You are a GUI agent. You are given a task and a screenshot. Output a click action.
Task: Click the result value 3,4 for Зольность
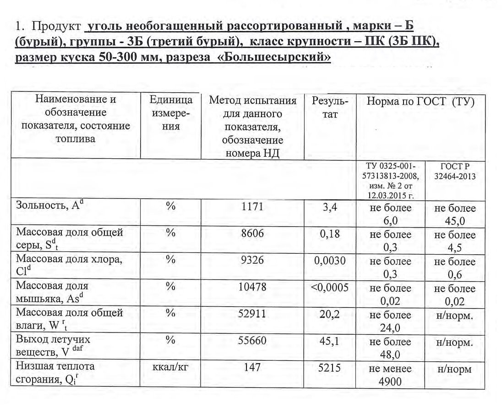click(x=330, y=207)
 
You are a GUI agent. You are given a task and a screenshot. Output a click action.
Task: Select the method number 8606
click(x=252, y=234)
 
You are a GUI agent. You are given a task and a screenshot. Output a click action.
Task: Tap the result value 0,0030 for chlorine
click(x=330, y=261)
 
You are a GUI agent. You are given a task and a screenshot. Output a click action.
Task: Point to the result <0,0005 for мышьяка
click(x=330, y=288)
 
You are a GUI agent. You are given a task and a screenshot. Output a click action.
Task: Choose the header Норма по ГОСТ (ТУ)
click(x=420, y=102)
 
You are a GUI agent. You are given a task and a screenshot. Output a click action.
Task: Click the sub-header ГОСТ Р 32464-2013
click(x=455, y=171)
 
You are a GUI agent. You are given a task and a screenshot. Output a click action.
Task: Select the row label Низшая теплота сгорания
click(x=55, y=373)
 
